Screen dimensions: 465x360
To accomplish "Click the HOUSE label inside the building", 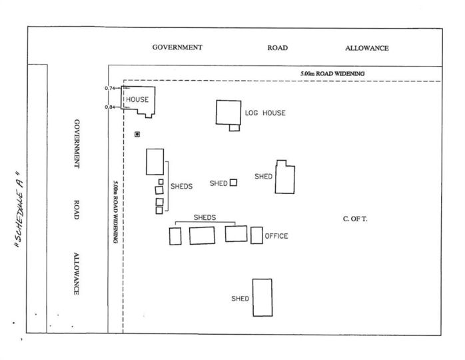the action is click(137, 99).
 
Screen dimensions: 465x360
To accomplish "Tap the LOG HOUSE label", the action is click(265, 113).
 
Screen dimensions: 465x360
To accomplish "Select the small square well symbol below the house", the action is click(137, 135).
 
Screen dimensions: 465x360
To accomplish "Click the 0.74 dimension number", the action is click(110, 88).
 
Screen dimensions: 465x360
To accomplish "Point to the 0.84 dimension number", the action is click(110, 107).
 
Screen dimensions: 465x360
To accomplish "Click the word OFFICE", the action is click(276, 236).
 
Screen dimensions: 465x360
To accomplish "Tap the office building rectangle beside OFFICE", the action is click(256, 235).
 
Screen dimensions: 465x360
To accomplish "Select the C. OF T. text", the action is click(355, 219).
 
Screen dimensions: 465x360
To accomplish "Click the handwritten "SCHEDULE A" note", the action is click(19, 209).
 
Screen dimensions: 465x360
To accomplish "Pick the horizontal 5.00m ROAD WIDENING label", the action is click(332, 73).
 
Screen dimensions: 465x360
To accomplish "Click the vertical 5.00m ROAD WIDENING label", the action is click(116, 212).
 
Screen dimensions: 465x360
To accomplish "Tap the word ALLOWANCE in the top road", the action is click(367, 48).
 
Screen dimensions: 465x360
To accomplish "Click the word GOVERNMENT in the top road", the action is click(177, 47).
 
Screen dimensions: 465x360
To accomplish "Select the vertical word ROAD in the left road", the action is click(77, 210).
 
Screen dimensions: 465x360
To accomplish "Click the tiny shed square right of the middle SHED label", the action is click(233, 183).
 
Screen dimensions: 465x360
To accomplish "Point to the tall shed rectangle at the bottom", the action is click(262, 297).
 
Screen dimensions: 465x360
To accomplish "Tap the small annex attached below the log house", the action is click(234, 128).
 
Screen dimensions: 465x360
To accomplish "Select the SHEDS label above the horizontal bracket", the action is click(205, 217).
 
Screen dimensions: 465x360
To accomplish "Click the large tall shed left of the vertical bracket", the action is click(155, 162).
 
